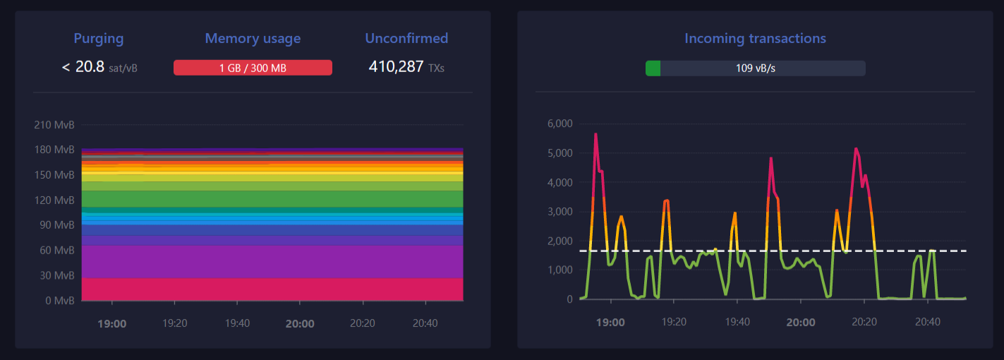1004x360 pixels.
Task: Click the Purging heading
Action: (x=99, y=39)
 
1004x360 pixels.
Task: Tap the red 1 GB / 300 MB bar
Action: (x=253, y=68)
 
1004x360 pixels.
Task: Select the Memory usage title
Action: (x=253, y=39)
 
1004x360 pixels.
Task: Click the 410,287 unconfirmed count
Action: (x=396, y=67)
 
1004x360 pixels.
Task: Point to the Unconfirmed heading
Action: (x=406, y=39)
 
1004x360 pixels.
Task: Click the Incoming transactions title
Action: (x=755, y=39)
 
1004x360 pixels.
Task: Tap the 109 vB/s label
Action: (x=755, y=68)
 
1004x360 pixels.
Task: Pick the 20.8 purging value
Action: (x=90, y=67)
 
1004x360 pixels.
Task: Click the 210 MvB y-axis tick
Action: (x=54, y=125)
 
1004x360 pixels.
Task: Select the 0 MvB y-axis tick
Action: (x=60, y=301)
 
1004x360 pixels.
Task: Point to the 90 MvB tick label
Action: (x=56, y=225)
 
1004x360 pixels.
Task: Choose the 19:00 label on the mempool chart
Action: (x=111, y=323)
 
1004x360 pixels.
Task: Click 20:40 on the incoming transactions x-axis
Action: (x=927, y=322)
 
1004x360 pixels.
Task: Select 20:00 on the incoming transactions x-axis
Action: (x=800, y=323)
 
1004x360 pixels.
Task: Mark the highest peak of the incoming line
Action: (x=595, y=133)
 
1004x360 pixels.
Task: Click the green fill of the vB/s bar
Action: (x=653, y=68)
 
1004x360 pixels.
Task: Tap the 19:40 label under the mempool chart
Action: (x=237, y=323)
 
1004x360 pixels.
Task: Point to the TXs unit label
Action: (x=436, y=68)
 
